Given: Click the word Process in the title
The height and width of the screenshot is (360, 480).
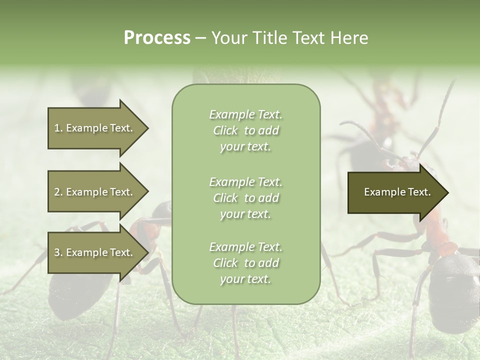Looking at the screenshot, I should (157, 38).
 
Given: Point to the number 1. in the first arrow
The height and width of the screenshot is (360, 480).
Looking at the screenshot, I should (58, 128).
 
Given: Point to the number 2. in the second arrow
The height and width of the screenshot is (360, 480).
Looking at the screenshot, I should (58, 192).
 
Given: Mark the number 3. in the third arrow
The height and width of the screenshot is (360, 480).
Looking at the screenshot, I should (58, 252).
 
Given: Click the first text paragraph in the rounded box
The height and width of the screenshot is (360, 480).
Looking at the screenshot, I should (246, 130).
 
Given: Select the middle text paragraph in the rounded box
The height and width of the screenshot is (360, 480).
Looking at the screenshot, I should (246, 197).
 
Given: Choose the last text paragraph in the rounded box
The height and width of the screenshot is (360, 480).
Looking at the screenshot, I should (246, 263).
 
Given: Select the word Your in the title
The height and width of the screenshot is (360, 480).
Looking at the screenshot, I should (227, 38).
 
